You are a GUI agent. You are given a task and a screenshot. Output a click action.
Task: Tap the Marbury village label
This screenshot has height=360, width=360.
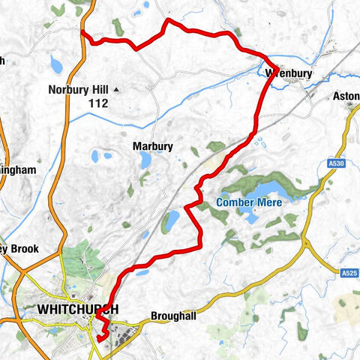click(x=153, y=146)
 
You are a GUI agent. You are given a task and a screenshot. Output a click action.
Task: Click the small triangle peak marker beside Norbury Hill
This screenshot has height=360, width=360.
click(x=117, y=90)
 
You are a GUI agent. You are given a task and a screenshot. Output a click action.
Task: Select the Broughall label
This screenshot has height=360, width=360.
click(x=173, y=316)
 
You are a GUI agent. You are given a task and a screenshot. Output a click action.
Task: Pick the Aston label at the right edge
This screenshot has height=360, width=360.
click(x=346, y=97)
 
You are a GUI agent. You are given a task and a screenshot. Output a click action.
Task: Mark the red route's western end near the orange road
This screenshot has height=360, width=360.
click(x=82, y=34)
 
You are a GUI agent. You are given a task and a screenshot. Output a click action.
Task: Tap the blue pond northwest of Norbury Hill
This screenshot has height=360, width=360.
click(x=57, y=64)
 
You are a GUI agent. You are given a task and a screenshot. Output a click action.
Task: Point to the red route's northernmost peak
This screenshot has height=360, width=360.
click(x=166, y=20)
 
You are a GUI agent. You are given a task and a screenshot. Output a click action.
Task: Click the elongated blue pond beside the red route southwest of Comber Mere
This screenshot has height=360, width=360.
click(x=172, y=220)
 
